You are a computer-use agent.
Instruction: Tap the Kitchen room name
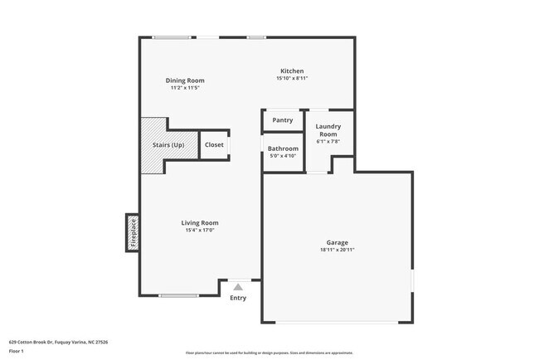[292, 71]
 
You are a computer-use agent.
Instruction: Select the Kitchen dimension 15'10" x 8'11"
[292, 79]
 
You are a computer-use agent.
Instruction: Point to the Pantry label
[283, 120]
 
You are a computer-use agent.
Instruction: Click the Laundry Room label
[328, 130]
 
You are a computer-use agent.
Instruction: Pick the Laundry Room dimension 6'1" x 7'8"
[328, 142]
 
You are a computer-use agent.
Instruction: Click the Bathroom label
[283, 148]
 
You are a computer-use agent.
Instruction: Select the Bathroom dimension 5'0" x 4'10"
[283, 156]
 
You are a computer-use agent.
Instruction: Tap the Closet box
[214, 145]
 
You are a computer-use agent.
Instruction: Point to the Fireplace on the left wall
[131, 233]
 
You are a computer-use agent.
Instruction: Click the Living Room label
[200, 222]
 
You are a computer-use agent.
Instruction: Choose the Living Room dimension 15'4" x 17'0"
[200, 230]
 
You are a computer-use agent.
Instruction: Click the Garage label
[337, 243]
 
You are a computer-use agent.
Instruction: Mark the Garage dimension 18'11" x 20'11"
[337, 251]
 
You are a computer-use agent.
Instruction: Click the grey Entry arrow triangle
[238, 286]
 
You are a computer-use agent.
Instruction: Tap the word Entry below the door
[238, 298]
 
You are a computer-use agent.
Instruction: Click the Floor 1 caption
[17, 351]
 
